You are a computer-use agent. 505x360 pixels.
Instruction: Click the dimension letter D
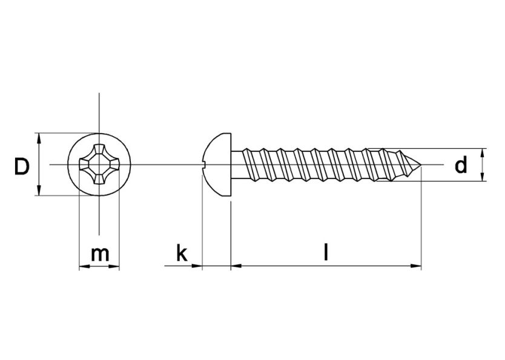[x=21, y=166]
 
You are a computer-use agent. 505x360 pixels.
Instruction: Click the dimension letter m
[x=99, y=254]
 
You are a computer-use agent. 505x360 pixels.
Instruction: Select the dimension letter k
[x=181, y=254]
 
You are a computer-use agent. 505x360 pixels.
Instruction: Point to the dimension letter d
[x=461, y=165]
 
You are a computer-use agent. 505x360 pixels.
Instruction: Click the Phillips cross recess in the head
[x=99, y=165]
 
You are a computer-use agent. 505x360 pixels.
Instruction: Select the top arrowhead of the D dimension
[x=39, y=138]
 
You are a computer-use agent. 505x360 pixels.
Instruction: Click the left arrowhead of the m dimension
[x=84, y=266]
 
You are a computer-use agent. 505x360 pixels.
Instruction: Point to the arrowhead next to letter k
[x=196, y=266]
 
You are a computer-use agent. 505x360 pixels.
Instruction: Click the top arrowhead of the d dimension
[x=483, y=152]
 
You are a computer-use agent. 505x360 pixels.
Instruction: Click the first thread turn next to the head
[x=248, y=165]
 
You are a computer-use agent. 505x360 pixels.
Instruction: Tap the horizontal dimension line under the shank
[x=325, y=266]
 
